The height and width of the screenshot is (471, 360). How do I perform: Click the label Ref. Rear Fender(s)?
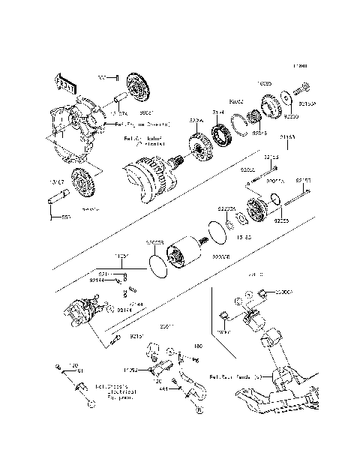(240, 376)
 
